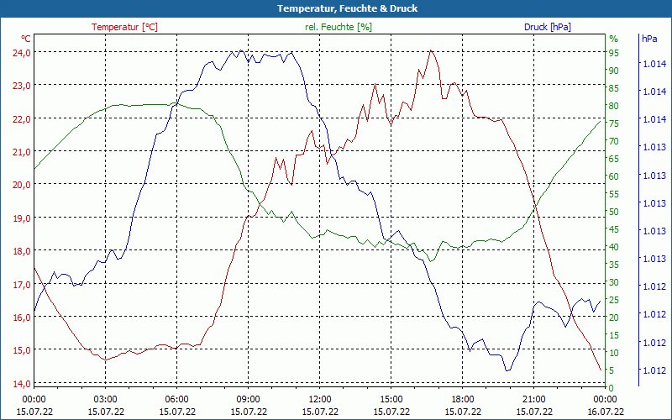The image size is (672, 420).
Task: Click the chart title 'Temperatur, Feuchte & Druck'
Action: point(336,8)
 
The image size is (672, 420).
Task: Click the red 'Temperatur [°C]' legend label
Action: point(124,27)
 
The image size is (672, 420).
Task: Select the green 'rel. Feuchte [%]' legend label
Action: point(338,27)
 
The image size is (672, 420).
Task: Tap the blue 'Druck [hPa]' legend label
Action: point(547,27)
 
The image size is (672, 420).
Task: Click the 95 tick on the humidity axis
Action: point(613,53)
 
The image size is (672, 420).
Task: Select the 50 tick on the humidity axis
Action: point(613,212)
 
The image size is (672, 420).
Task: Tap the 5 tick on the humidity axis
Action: point(613,370)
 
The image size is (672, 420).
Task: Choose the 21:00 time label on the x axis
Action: point(533,399)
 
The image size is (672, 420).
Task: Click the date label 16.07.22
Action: point(605,412)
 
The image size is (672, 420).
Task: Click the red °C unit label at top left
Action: point(26,39)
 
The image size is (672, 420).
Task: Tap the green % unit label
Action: point(613,39)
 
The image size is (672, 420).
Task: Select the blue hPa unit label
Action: point(649,39)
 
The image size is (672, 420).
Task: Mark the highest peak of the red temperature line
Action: point(431,50)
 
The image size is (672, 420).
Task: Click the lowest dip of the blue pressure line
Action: point(507,370)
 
